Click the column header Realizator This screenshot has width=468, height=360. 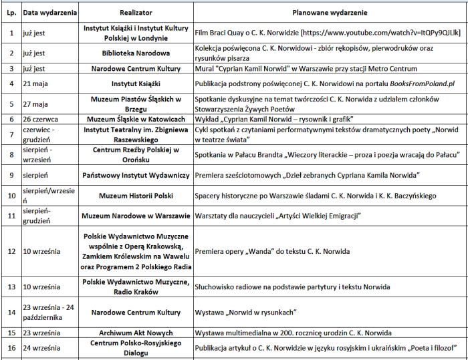coord(136,12)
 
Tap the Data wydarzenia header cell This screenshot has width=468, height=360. coord(50,12)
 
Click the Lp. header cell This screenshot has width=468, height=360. coord(11,12)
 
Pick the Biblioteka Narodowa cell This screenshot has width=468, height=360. coord(136,52)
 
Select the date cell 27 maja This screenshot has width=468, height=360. coord(35,104)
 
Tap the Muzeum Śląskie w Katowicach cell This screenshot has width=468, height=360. coord(136,119)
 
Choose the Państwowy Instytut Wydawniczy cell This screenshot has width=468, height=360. coord(136,175)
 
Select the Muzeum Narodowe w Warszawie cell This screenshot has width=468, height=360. coord(136,216)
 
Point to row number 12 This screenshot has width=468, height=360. coord(11,251)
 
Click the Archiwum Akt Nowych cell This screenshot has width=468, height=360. coord(136,332)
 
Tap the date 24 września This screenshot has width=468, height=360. coord(42,347)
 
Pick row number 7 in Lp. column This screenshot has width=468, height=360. coord(11,134)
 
